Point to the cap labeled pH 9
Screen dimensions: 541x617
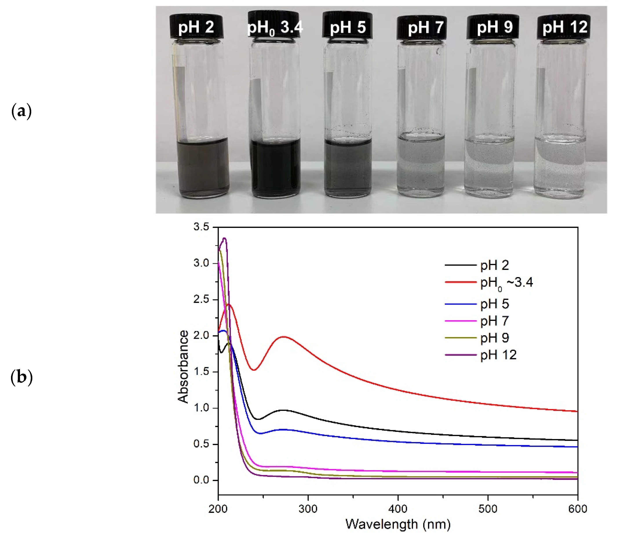point(493,27)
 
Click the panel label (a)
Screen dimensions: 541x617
point(21,111)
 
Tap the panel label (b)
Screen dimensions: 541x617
point(21,377)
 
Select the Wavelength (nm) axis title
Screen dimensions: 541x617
point(398,524)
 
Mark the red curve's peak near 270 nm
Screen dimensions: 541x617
point(284,337)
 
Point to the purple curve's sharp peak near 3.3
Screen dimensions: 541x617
point(224,238)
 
